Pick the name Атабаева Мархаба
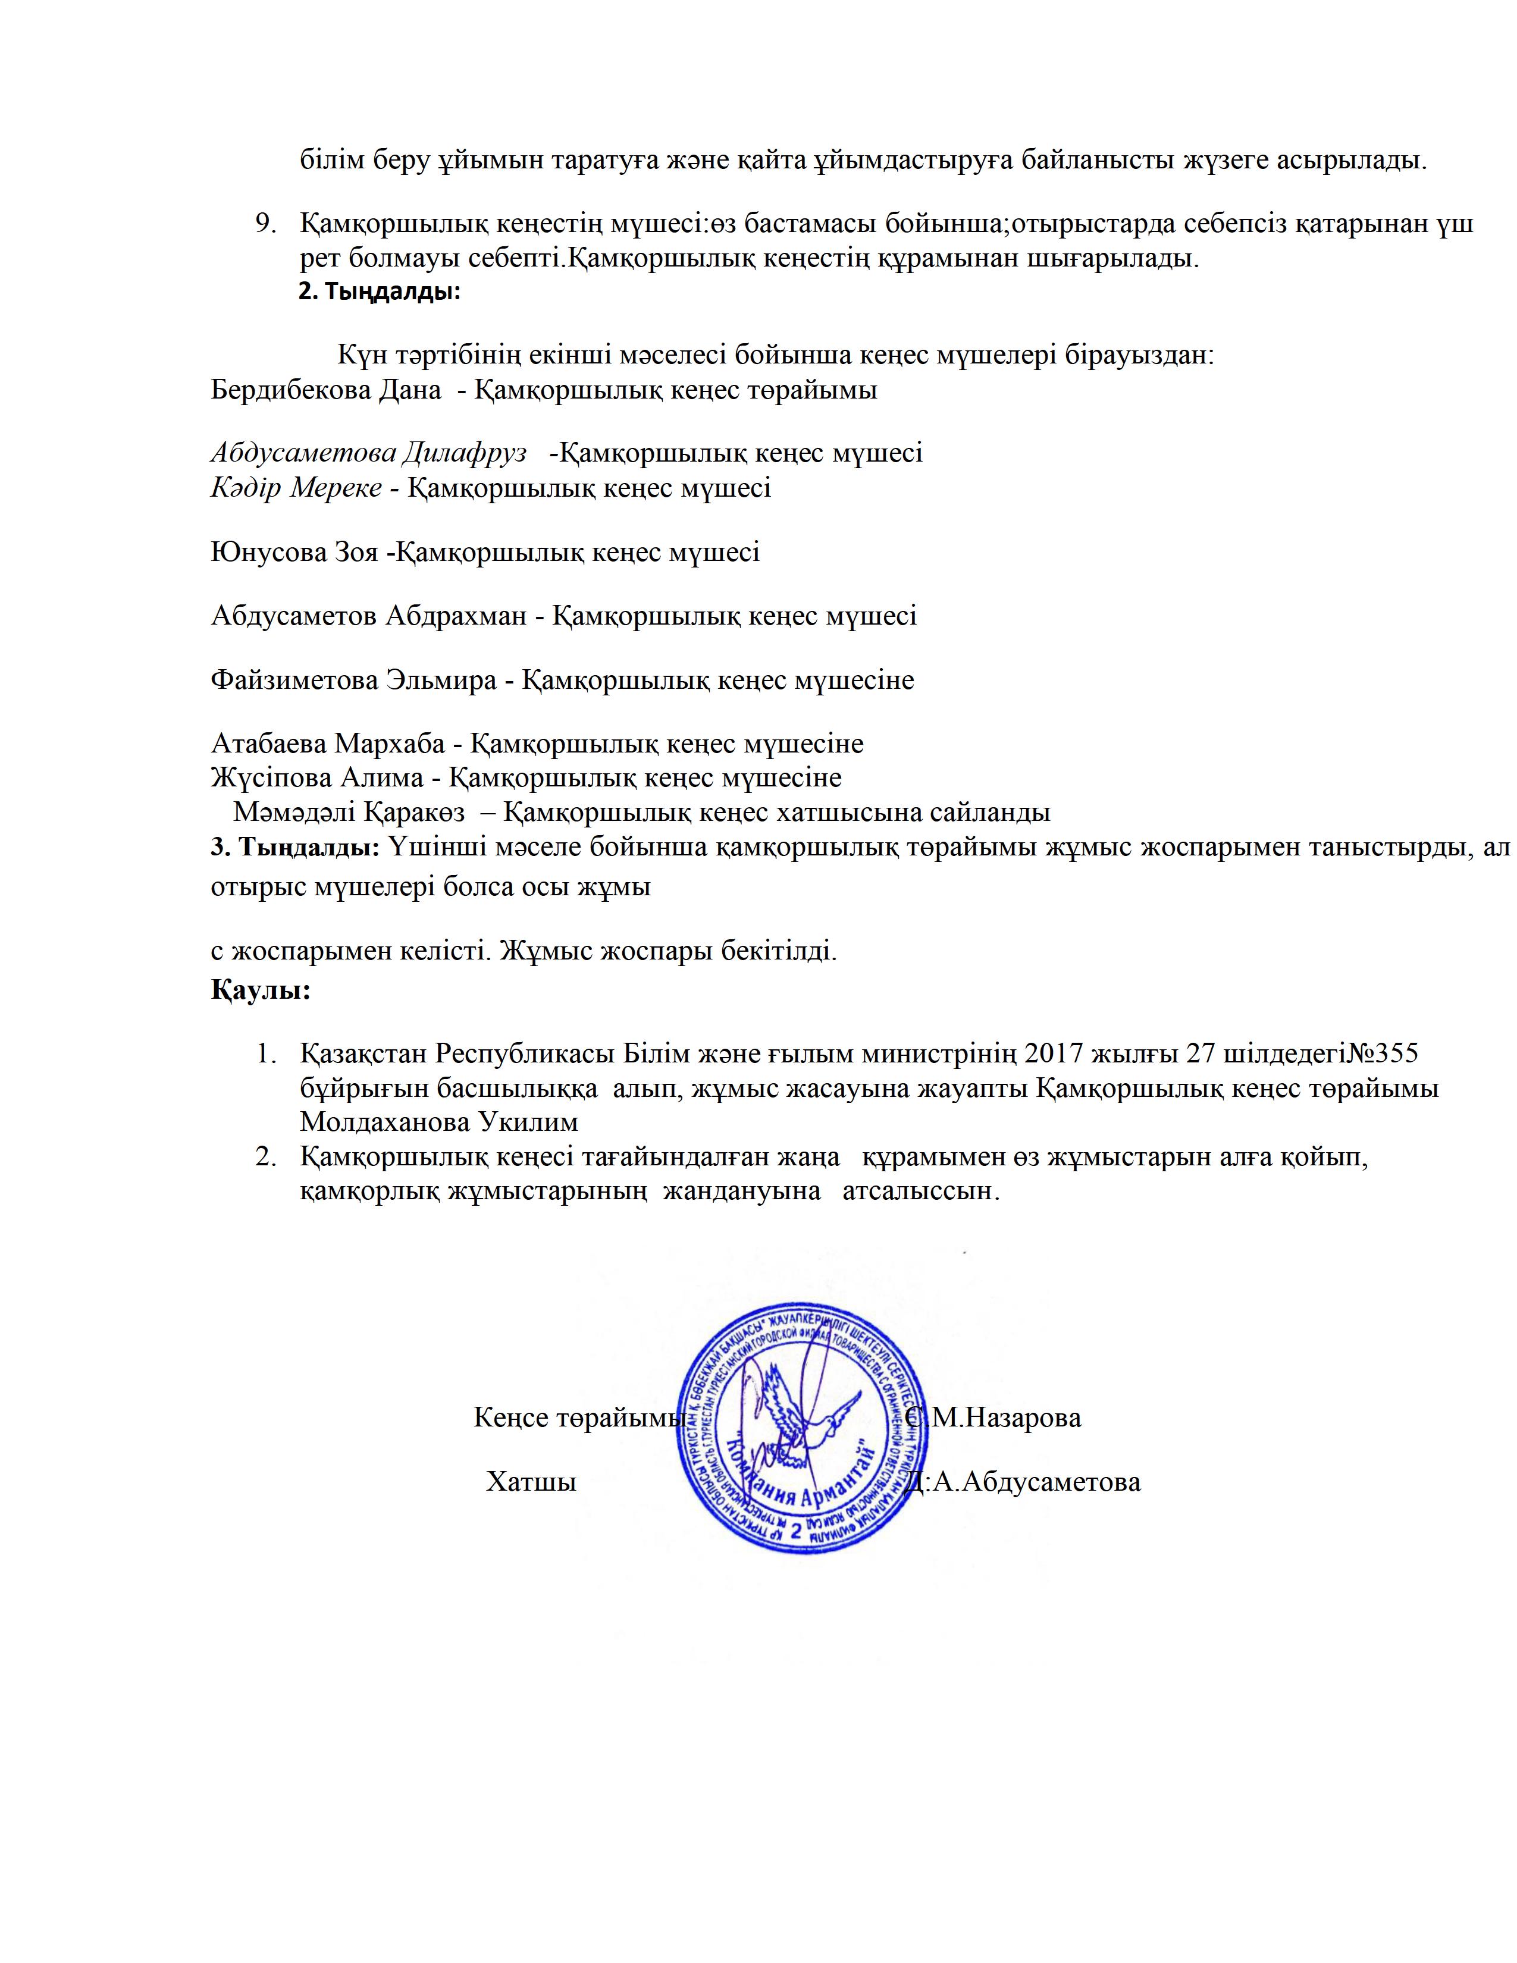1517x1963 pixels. point(328,744)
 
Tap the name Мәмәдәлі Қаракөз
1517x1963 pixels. point(349,811)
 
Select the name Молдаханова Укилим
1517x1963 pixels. point(438,1122)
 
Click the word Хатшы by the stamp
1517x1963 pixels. point(531,1482)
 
